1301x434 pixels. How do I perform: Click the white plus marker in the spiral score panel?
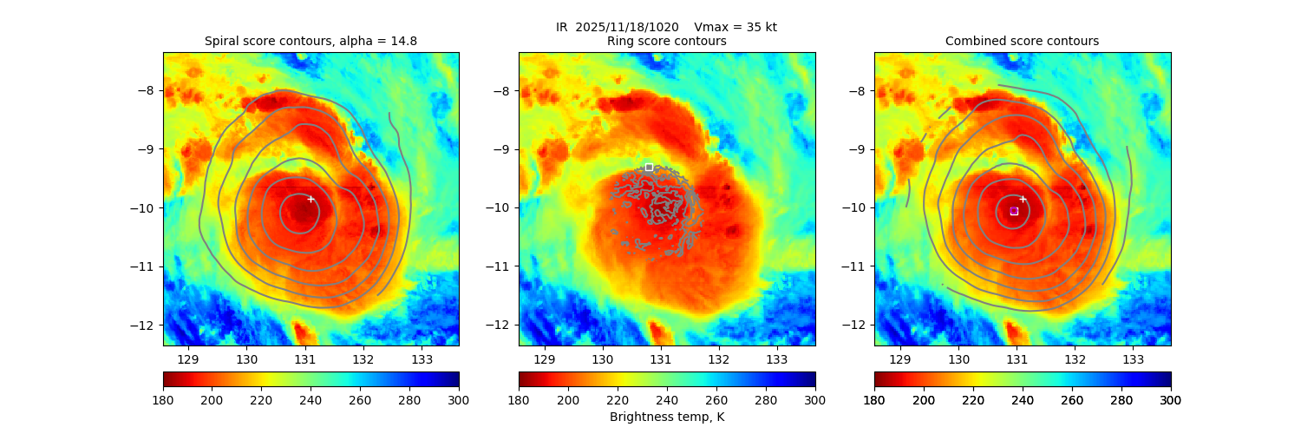pyautogui.click(x=311, y=199)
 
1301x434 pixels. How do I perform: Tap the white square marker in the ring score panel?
pyautogui.click(x=649, y=167)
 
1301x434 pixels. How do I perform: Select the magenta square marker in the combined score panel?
pyautogui.click(x=1014, y=211)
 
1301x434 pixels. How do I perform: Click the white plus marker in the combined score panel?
pyautogui.click(x=1023, y=199)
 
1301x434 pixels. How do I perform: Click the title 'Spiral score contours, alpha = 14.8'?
pyautogui.click(x=311, y=41)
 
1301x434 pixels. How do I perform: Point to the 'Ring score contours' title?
pyautogui.click(x=666, y=41)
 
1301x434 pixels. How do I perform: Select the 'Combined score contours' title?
pyautogui.click(x=1022, y=41)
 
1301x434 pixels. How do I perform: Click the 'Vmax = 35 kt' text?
pyautogui.click(x=735, y=27)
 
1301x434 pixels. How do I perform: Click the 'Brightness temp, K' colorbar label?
pyautogui.click(x=666, y=418)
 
